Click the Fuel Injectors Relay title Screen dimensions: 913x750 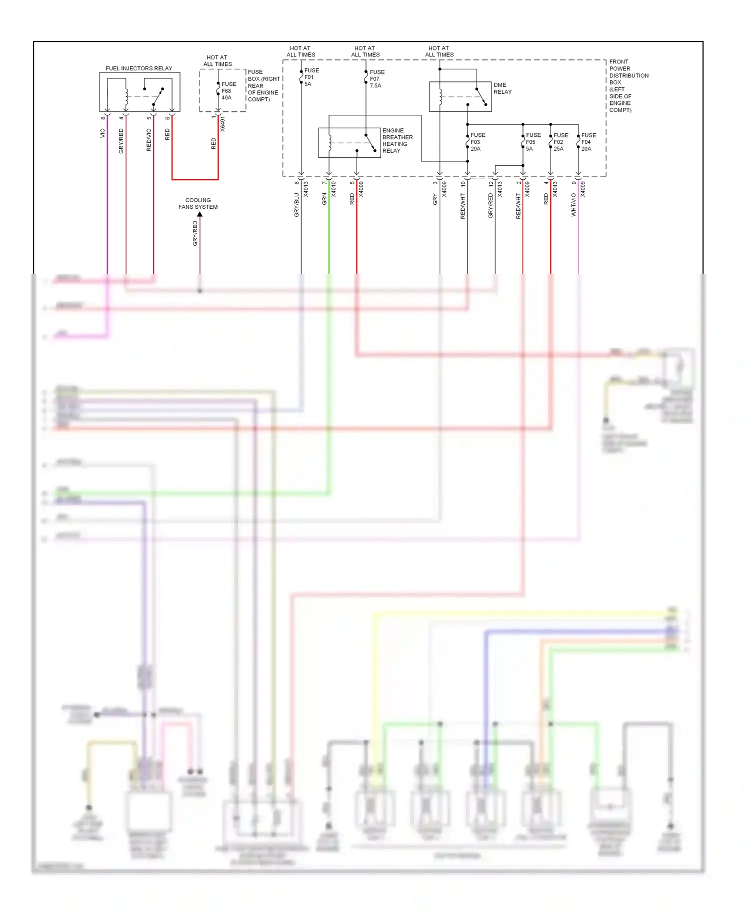pos(138,68)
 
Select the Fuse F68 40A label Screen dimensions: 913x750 pos(228,91)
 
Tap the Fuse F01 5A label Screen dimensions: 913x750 pos(311,77)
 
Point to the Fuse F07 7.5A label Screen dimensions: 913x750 pos(376,79)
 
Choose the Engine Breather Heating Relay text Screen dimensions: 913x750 pos(397,140)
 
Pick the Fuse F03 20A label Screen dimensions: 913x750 pos(477,142)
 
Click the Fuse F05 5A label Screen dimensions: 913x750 pos(532,142)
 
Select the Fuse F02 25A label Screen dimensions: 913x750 pos(560,142)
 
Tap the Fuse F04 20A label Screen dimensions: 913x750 pos(588,142)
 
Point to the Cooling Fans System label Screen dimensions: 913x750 pos(198,203)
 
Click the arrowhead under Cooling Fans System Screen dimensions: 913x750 pos(199,214)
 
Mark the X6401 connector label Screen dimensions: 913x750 pos(222,124)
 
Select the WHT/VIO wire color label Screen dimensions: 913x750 pos(573,205)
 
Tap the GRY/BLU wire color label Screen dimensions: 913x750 pos(296,205)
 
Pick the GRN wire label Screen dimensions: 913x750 pos(324,199)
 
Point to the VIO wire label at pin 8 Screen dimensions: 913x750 pos(102,133)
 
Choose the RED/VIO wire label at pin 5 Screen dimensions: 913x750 pos(148,140)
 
